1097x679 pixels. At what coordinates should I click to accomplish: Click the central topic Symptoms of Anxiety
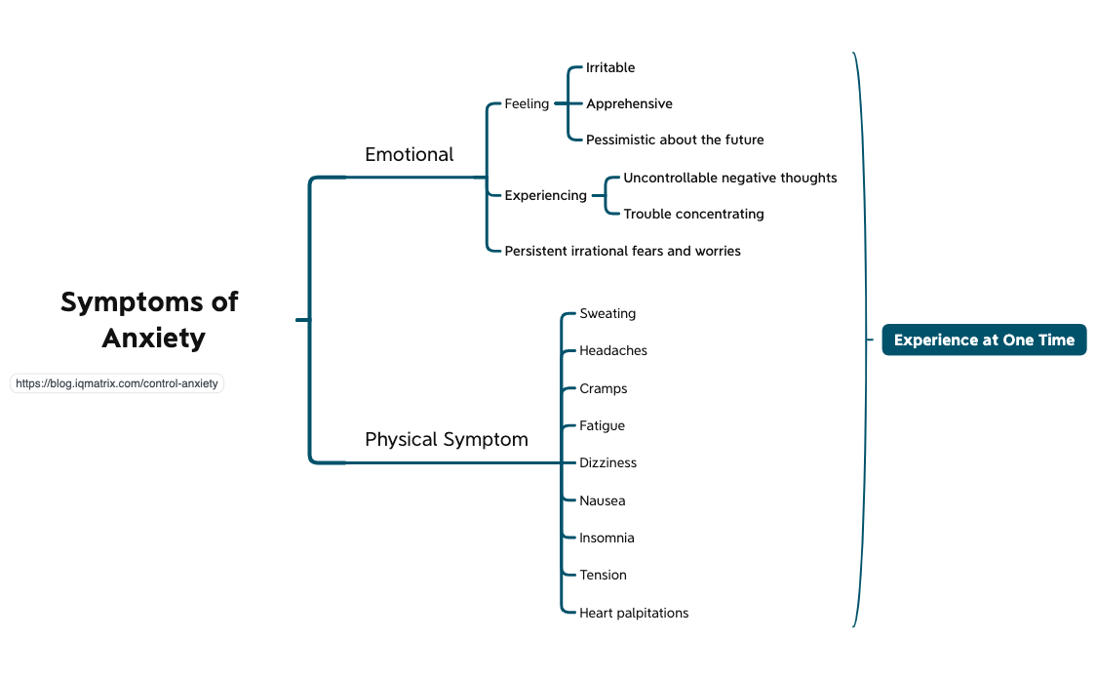pos(149,320)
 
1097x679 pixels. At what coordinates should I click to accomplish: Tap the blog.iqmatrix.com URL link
pos(117,383)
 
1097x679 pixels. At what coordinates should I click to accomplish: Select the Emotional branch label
pos(409,154)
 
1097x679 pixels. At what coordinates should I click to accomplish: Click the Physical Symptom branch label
pos(446,439)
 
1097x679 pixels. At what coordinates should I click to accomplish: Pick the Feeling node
pos(527,103)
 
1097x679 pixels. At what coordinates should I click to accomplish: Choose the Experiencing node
pos(545,195)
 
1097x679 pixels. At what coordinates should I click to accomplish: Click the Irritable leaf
pos(610,67)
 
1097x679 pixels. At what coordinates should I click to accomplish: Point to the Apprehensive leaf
pos(629,103)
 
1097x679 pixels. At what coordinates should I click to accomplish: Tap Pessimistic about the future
pos(675,140)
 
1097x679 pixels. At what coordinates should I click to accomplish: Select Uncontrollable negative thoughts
pos(729,178)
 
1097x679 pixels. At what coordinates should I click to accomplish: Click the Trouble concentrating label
pos(693,214)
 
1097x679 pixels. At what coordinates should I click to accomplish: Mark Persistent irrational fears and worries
pos(622,251)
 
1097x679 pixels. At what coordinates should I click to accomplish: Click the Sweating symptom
pos(607,313)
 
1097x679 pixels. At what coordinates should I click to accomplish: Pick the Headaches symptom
pos(613,350)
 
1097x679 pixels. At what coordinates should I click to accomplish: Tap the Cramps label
pos(604,388)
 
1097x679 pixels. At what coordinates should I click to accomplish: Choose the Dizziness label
pos(607,462)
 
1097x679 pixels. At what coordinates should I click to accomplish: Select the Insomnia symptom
pos(607,538)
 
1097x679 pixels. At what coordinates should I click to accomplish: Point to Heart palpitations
pos(634,613)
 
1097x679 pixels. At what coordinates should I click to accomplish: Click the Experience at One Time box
pos(984,339)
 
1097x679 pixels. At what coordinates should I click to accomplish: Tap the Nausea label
pos(603,500)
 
